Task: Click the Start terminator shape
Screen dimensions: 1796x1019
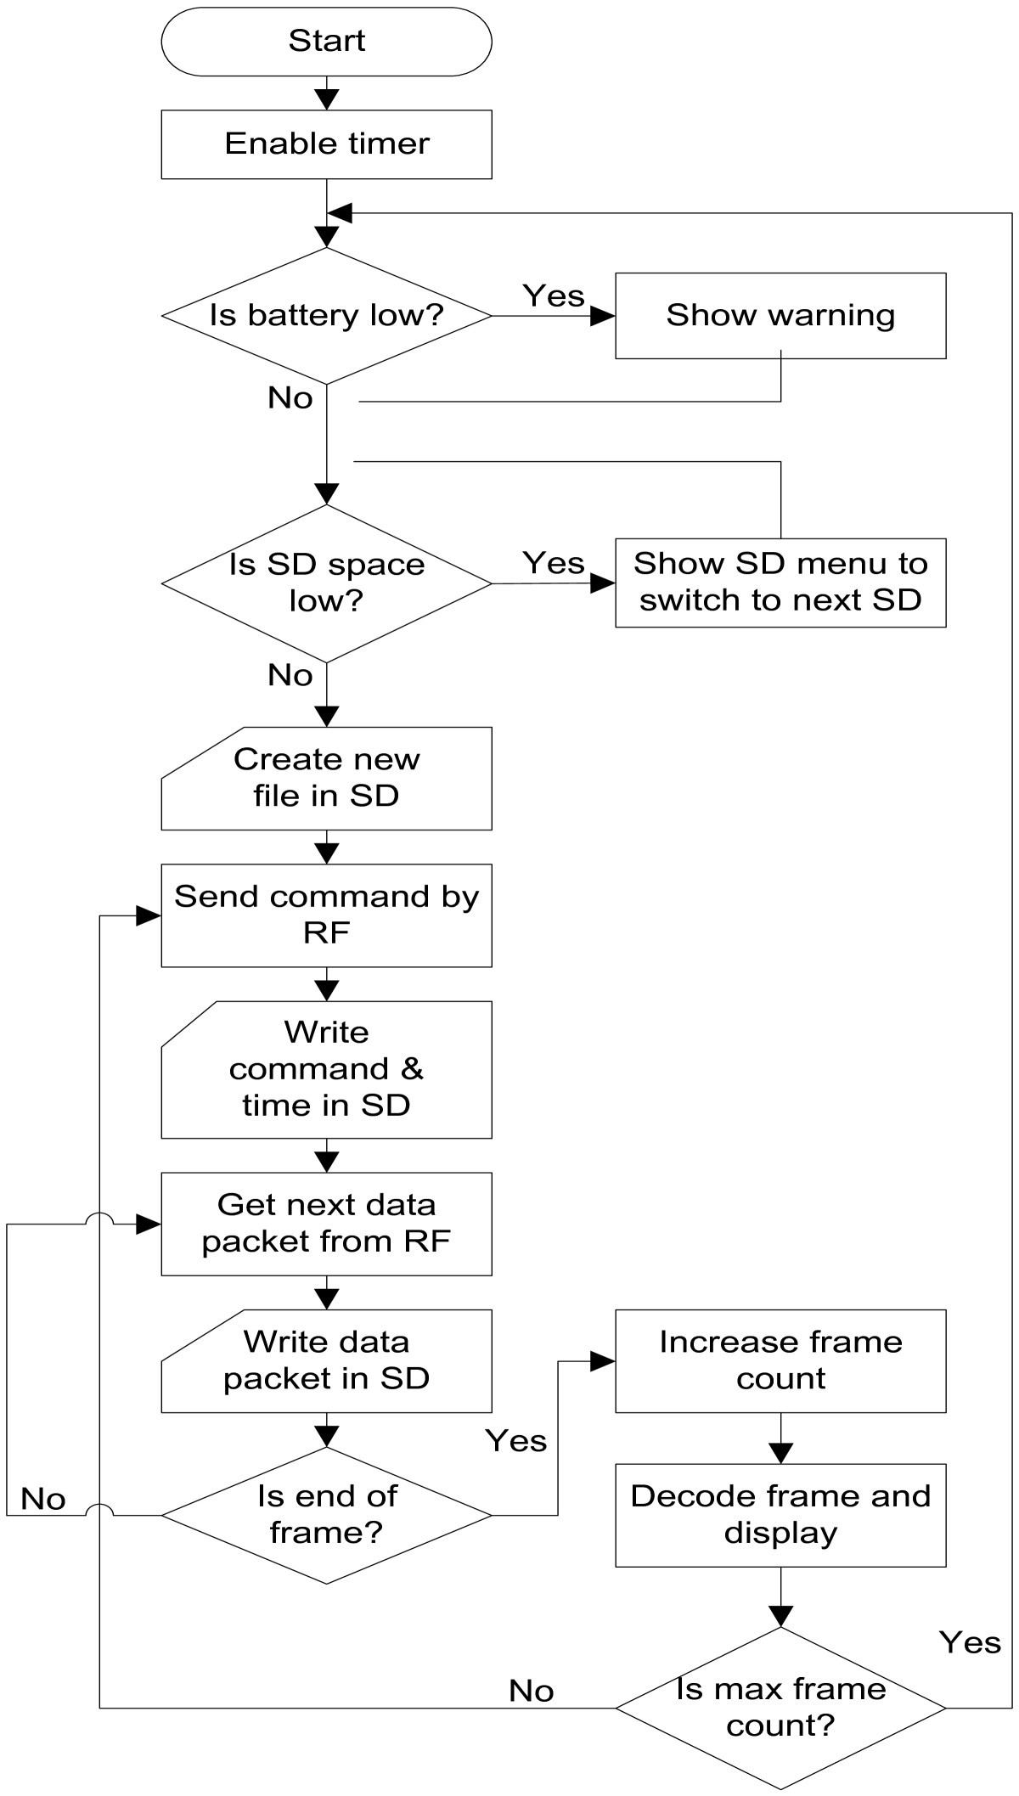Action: (326, 41)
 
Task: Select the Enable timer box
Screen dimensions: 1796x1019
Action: (326, 144)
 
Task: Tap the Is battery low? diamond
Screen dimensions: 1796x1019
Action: (326, 315)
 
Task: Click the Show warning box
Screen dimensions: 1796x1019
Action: (780, 315)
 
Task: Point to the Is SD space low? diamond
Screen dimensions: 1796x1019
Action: (326, 583)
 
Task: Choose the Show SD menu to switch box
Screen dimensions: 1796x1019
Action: (780, 582)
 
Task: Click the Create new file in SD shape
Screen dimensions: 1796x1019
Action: (326, 778)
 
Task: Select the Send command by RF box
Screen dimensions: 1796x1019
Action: (326, 915)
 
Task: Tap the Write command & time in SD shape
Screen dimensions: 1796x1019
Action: (326, 1069)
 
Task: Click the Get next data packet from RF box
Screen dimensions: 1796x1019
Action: (326, 1223)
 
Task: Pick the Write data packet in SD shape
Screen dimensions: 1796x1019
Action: (326, 1360)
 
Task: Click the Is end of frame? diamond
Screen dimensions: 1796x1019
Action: (326, 1514)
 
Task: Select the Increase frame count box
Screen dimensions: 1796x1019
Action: (780, 1360)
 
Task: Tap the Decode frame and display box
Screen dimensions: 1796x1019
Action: (780, 1514)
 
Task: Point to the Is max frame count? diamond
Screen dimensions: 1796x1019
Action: (780, 1707)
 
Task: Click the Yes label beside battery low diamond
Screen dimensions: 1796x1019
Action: (554, 296)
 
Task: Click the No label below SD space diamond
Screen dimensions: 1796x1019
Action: (290, 675)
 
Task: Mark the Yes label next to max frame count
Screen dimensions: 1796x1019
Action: (970, 1642)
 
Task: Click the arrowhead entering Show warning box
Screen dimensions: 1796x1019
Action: (603, 316)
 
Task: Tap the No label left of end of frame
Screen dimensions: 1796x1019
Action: (43, 1499)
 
